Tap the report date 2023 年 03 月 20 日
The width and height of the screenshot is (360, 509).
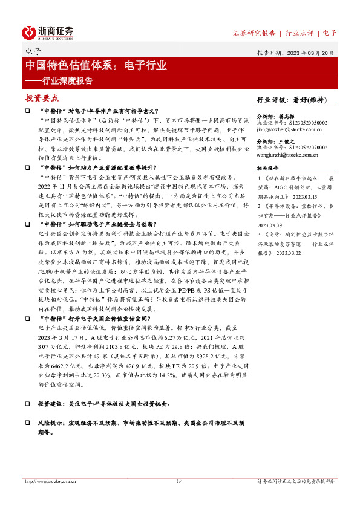pyautogui.click(x=311, y=53)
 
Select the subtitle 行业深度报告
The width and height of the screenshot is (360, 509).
pyautogui.click(x=59, y=80)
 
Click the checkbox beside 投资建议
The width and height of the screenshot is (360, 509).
pyautogui.click(x=27, y=403)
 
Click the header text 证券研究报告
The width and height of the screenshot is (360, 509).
pyautogui.click(x=254, y=33)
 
